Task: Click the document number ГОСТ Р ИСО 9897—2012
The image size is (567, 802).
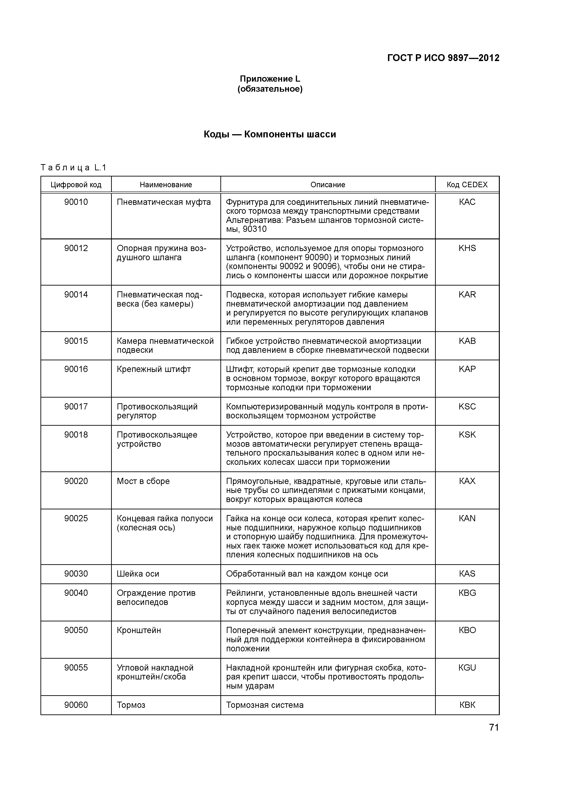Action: point(443,58)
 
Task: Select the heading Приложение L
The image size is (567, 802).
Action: point(270,79)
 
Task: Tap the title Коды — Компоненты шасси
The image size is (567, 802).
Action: point(270,134)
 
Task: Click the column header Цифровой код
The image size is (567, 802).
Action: point(76,184)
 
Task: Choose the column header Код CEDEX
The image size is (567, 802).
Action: point(467,184)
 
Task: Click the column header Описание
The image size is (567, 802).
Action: point(328,184)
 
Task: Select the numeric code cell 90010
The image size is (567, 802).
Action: point(76,202)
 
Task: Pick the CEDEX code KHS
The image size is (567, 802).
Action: point(467,248)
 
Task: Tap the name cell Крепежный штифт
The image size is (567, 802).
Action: point(154,369)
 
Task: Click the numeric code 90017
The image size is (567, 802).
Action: point(76,406)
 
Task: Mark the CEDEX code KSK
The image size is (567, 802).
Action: point(467,435)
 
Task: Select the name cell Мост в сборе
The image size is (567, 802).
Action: point(143,481)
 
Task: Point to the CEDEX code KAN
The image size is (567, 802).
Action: point(467,518)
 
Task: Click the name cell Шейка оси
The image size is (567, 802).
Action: point(138,574)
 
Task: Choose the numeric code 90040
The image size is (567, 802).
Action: point(76,593)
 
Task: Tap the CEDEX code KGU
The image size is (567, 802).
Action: point(467,668)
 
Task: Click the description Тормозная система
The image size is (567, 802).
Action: point(265,705)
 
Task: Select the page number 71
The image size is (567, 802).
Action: point(494,728)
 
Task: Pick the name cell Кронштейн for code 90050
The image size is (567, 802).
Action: point(139,631)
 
